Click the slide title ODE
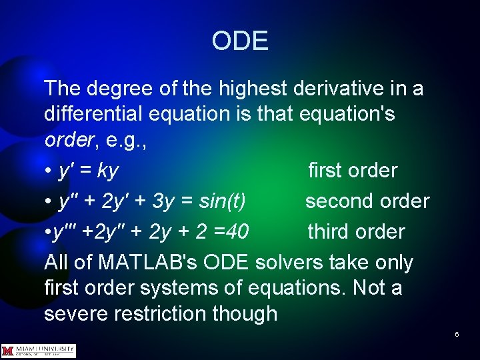click(x=240, y=41)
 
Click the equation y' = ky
click(x=88, y=171)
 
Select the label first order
click(x=352, y=171)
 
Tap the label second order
click(x=367, y=201)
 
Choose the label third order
click(x=356, y=232)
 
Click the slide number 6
click(x=457, y=333)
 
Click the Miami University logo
click(x=39, y=351)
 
